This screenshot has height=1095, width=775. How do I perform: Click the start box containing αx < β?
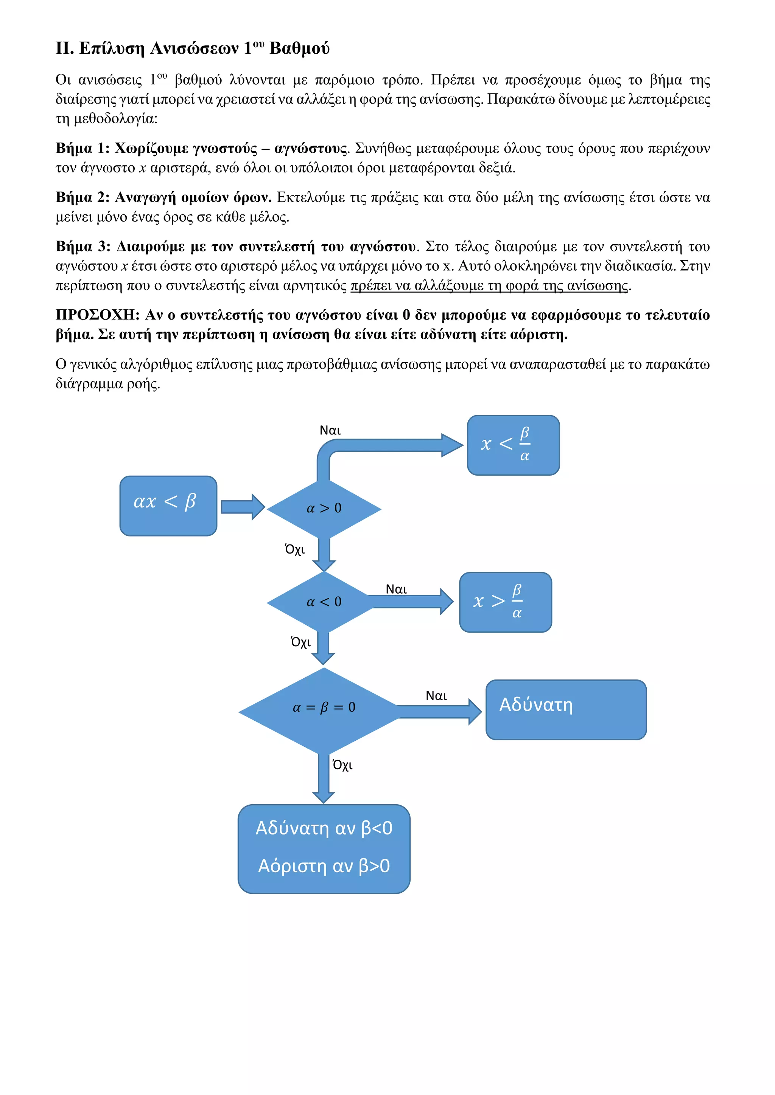[x=168, y=506]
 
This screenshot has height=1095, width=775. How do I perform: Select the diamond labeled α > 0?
[x=324, y=509]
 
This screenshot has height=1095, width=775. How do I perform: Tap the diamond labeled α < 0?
[x=324, y=602]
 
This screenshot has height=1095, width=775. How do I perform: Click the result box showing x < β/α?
[x=513, y=445]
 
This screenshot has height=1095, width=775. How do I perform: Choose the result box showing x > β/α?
[x=505, y=602]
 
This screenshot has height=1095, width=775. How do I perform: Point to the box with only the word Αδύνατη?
[x=565, y=710]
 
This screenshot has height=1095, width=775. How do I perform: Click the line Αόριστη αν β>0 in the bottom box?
[x=324, y=865]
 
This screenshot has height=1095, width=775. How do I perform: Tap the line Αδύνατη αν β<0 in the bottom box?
[x=324, y=828]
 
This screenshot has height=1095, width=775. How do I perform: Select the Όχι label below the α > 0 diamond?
[x=295, y=549]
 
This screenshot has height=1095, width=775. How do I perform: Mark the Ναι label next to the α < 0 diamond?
[x=396, y=589]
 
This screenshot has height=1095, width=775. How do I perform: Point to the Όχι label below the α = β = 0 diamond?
[x=342, y=765]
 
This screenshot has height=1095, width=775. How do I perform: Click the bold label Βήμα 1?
[x=82, y=148]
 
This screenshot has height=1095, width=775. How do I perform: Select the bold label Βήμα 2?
[x=82, y=197]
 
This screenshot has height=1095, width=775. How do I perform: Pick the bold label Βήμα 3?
[x=82, y=247]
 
